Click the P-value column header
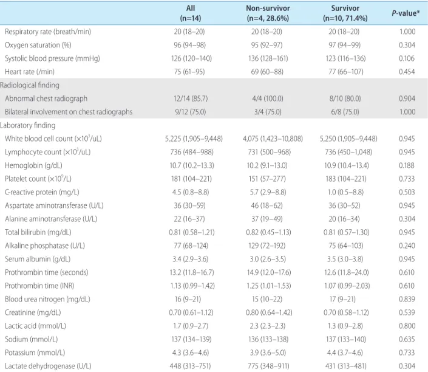406,13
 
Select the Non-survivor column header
268,13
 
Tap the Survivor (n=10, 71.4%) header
345,13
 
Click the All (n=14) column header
191,13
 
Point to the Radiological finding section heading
30,85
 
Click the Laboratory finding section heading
27,125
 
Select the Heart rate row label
30,72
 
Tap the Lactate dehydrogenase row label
48,366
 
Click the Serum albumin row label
38,259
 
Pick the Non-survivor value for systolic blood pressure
268,58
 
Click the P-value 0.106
407,58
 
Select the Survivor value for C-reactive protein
345,192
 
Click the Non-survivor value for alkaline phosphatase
267,246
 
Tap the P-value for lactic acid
407,326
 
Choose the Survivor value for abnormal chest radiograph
345,98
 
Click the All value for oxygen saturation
189,45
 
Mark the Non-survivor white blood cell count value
273,139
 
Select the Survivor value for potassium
345,353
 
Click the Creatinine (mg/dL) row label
33,312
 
